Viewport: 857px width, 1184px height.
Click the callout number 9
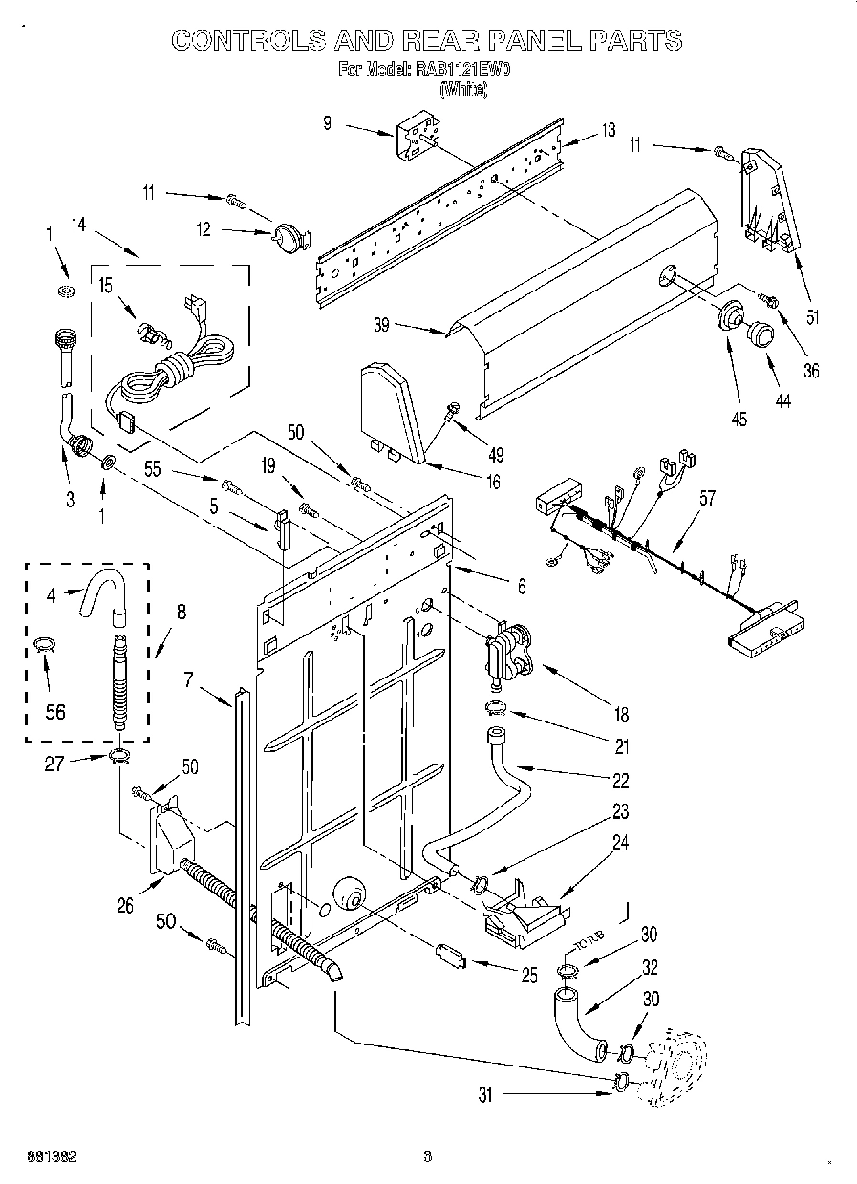[x=327, y=123]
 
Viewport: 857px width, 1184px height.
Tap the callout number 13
[x=609, y=131]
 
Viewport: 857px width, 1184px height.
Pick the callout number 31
[x=485, y=1096]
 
